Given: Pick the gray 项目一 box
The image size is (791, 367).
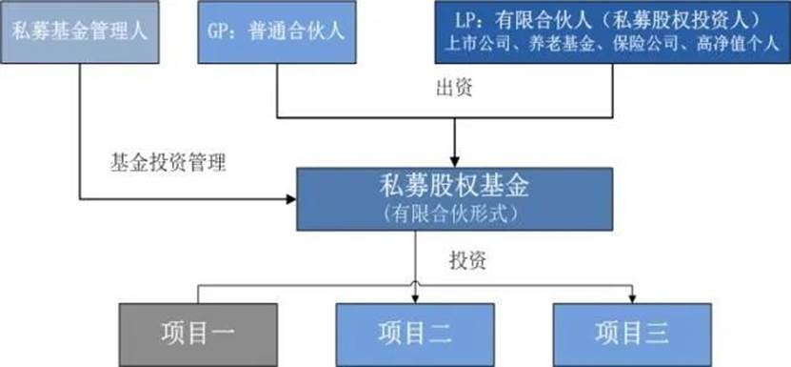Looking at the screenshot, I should (x=198, y=334).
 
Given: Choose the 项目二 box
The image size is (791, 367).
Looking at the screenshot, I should (x=414, y=334).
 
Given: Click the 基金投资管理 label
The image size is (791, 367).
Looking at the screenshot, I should (x=168, y=161).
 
